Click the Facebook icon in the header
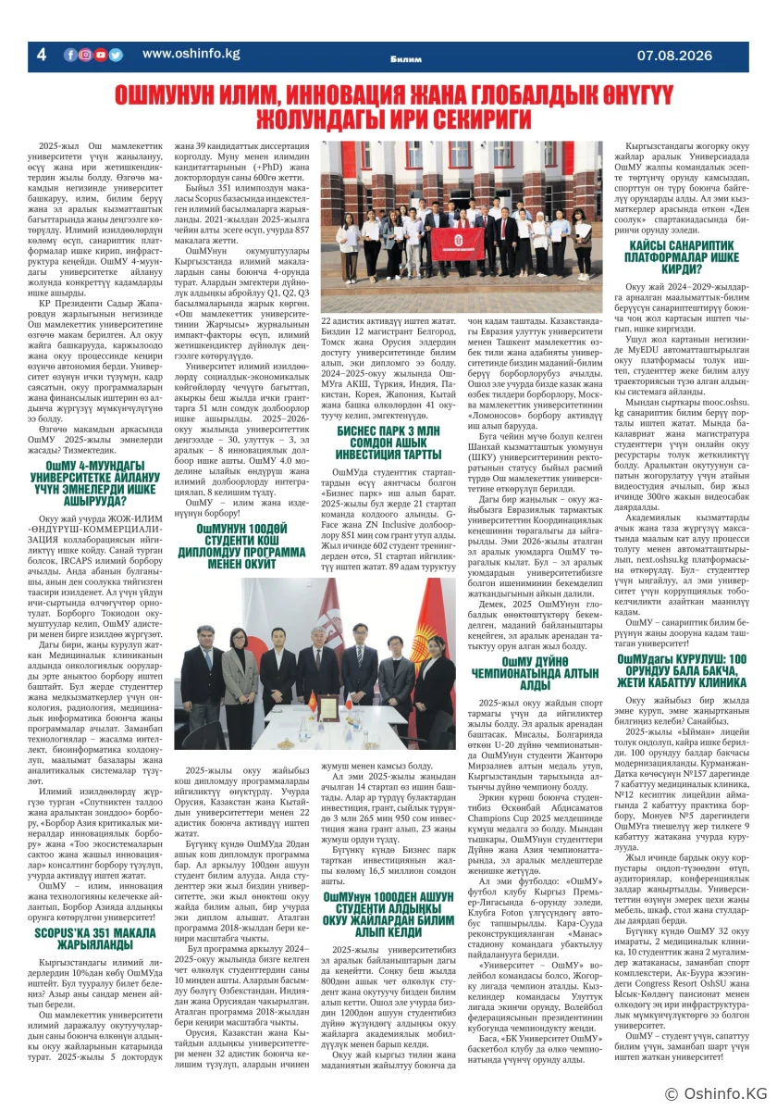(70, 55)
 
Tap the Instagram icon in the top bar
(85, 55)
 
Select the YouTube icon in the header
(101, 55)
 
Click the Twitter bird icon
(116, 55)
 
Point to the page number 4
(41, 56)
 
